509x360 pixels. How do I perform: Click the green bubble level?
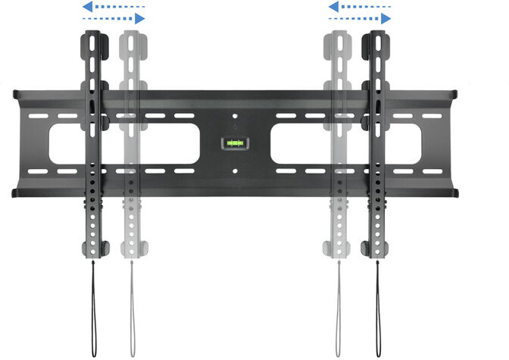(233, 142)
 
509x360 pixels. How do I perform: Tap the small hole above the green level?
(234, 117)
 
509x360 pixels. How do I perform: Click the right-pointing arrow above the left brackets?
(113, 18)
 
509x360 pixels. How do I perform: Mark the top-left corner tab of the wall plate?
(18, 95)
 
